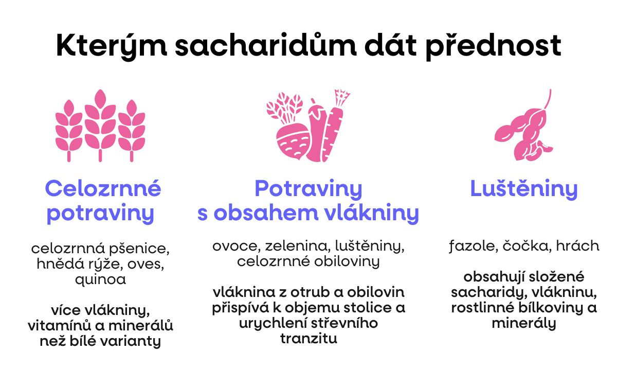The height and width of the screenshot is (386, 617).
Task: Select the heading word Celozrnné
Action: [103, 189]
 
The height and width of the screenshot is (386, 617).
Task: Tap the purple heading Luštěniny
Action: [524, 189]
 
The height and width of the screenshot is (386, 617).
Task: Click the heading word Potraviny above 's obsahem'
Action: [308, 189]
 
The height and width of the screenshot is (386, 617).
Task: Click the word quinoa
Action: [100, 279]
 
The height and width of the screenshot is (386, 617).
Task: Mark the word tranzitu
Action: [308, 339]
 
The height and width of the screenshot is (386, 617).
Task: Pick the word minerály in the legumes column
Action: [524, 324]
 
